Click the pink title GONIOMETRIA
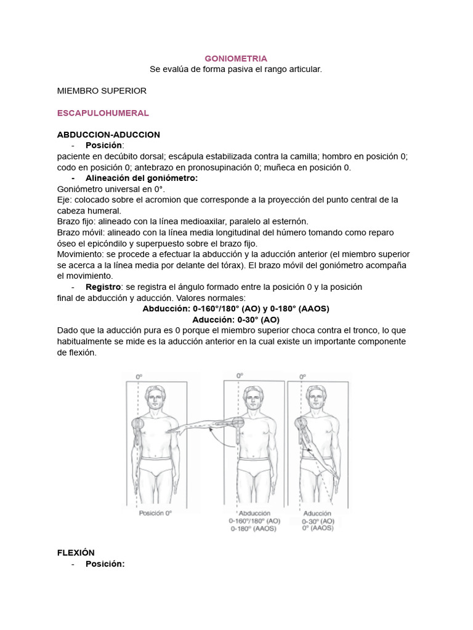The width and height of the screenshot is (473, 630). point(236,58)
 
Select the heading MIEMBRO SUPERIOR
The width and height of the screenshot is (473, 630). point(102,90)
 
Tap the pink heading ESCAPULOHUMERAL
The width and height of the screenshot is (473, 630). point(103,113)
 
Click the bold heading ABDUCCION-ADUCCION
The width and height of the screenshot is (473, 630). point(108,134)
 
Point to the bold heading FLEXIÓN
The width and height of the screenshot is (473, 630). point(76,552)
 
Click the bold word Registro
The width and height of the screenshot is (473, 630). point(102,287)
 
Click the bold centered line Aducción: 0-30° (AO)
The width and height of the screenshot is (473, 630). point(236,320)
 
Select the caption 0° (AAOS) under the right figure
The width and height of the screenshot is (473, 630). point(317,528)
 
